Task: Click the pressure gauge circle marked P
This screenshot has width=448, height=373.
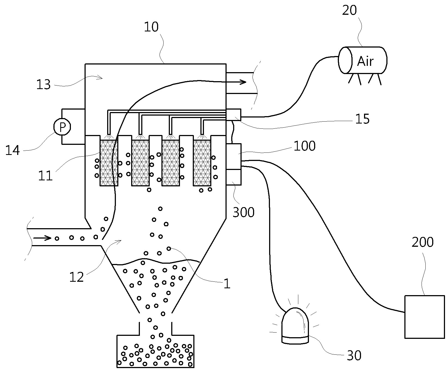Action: point(62,127)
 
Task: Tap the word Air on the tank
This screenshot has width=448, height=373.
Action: point(365,61)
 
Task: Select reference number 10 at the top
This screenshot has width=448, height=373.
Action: point(151,27)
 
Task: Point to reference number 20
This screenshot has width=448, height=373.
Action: point(350,11)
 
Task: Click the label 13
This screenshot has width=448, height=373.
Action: point(44,84)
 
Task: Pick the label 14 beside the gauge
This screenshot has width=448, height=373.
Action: point(13,150)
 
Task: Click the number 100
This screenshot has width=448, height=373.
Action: point(305,146)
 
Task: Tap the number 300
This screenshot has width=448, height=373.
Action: point(243,212)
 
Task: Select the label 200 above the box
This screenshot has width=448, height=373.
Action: point(422,242)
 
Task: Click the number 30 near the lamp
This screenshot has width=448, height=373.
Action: point(354,355)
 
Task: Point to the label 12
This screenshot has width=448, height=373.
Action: point(76,277)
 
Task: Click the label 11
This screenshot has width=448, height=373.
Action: point(45,176)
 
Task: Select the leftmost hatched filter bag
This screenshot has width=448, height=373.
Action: point(109,163)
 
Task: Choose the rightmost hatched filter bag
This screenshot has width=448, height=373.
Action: point(202,163)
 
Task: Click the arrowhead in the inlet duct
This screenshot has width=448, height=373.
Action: point(48,238)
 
